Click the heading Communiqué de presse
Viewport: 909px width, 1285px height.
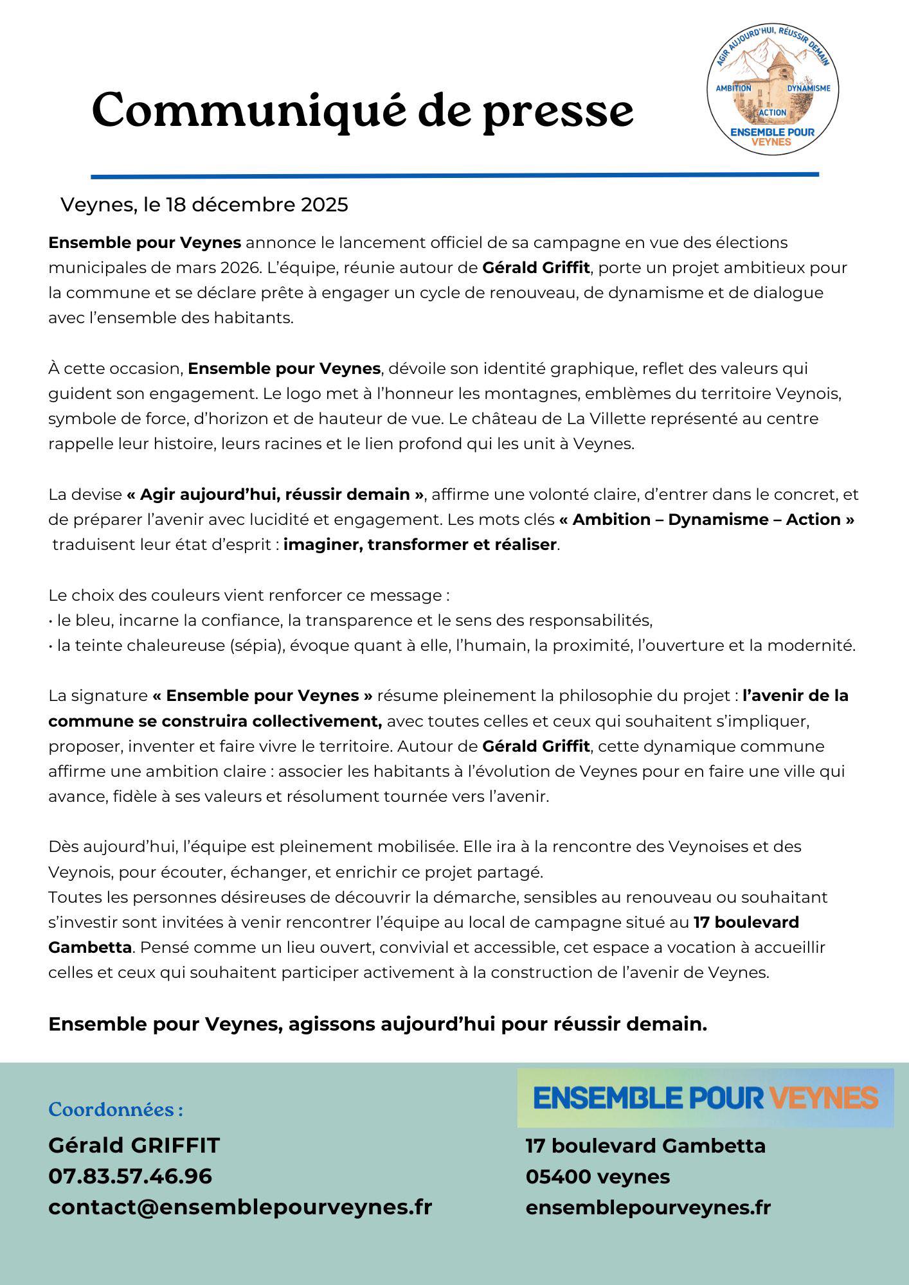tap(363, 111)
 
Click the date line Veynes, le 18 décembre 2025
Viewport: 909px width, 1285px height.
tap(204, 205)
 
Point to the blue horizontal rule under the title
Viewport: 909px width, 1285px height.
tap(455, 175)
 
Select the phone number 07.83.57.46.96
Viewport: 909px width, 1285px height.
tap(130, 1176)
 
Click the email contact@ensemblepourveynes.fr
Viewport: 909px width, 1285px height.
tap(240, 1207)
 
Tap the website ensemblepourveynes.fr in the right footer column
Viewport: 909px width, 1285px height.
tap(648, 1208)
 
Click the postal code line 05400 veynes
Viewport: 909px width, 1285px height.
tap(597, 1177)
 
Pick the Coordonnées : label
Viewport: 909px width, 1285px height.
tap(116, 1110)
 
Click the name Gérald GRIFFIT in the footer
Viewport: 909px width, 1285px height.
tap(134, 1146)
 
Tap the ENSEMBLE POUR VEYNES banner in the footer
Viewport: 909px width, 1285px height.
tap(705, 1097)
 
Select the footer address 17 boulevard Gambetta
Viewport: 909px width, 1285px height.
tap(645, 1146)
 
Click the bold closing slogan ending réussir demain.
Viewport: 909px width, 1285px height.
tap(377, 1024)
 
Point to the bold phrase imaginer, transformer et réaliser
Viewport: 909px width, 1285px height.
tap(420, 545)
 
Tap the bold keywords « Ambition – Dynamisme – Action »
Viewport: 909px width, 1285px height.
tap(706, 520)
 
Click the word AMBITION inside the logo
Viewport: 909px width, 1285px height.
tap(733, 88)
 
